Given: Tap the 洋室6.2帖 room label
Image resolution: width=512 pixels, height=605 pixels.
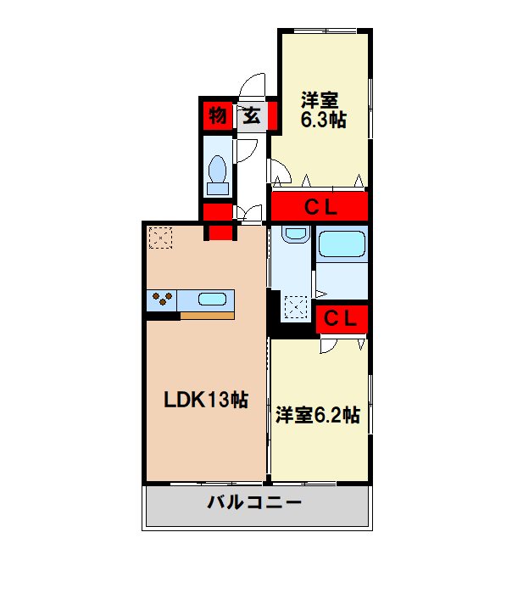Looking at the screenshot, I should point(318,416).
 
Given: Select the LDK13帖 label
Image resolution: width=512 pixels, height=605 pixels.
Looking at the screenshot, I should point(206,400).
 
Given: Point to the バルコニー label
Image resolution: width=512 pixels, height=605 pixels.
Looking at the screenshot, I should point(255,502).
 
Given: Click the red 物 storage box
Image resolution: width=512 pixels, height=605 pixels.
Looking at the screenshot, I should point(218,115).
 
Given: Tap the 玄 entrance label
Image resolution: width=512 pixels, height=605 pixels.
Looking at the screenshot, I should point(252,115).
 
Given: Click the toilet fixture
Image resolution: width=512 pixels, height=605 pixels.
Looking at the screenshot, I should point(218,175).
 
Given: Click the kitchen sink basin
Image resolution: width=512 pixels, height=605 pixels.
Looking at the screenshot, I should point(213,298).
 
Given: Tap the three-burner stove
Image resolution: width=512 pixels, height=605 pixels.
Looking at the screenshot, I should point(164,299).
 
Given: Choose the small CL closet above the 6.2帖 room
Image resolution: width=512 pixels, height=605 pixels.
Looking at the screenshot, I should point(342,319).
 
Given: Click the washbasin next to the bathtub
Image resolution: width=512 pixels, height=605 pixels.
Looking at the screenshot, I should point(294,233).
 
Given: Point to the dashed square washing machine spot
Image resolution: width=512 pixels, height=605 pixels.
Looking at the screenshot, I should point(297,305).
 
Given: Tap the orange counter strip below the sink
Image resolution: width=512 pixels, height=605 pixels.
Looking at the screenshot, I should point(207,316).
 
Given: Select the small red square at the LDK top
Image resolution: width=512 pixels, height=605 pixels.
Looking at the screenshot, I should point(220,232).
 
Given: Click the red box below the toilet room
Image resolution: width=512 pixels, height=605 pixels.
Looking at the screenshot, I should point(217,211).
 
